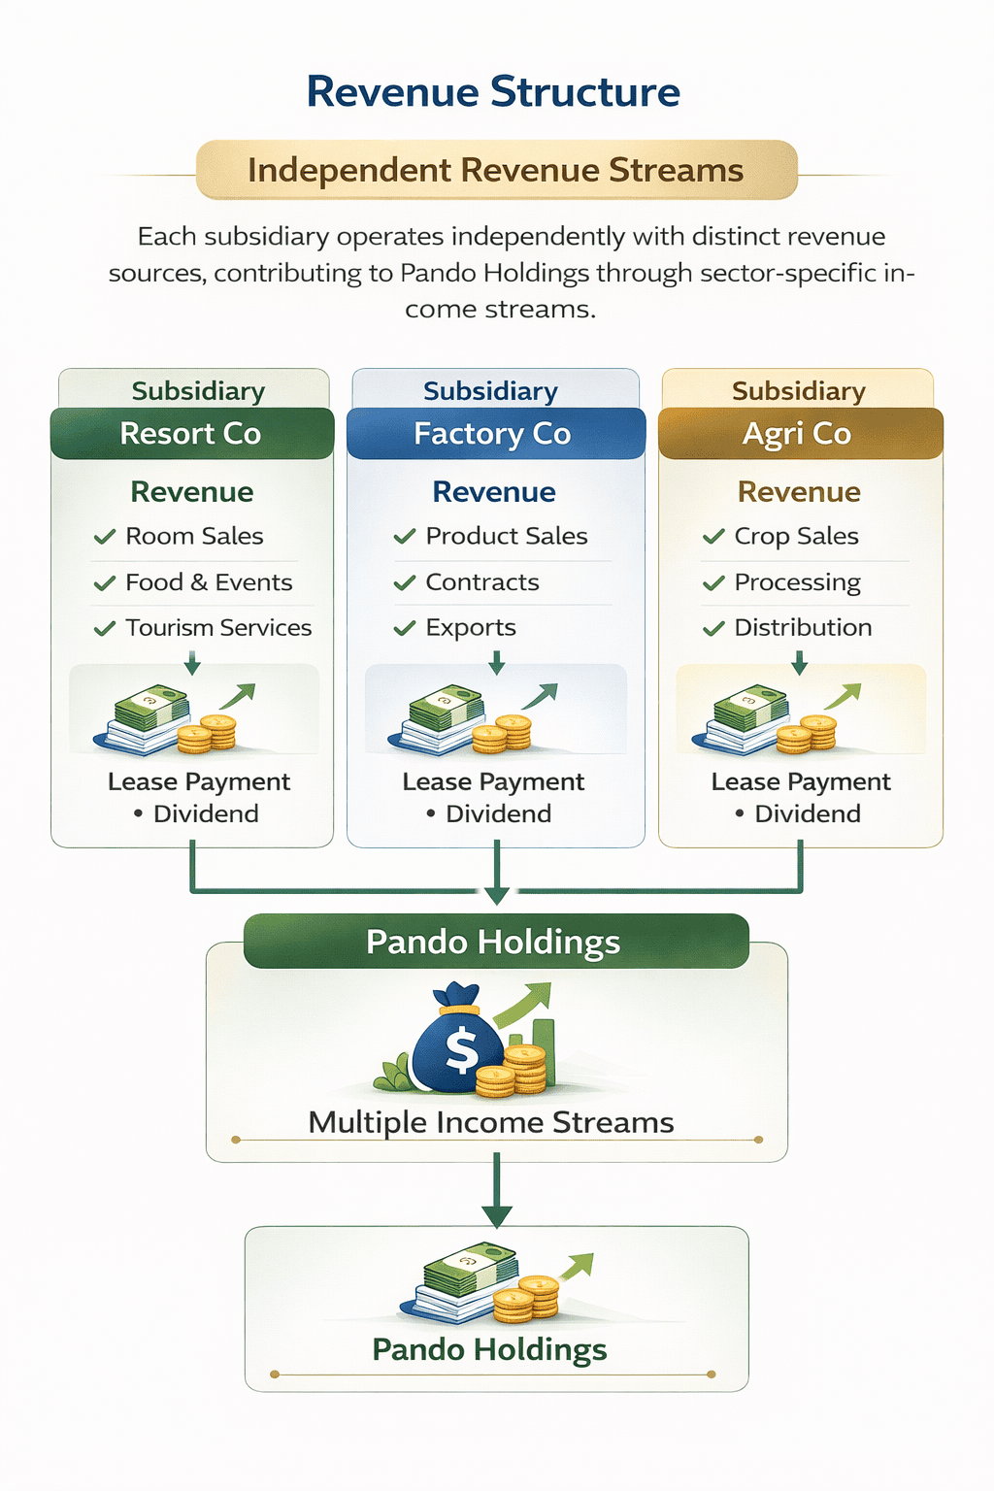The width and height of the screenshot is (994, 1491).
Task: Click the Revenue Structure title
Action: click(493, 92)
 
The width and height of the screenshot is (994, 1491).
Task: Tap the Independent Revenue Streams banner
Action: click(496, 170)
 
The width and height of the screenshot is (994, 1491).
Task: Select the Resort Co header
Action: click(191, 433)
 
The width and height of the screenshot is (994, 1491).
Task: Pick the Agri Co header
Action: click(798, 433)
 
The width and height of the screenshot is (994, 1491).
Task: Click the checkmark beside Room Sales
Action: click(105, 537)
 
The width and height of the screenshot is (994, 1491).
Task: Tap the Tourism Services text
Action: click(218, 628)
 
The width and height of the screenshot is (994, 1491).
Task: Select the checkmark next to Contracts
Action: click(405, 583)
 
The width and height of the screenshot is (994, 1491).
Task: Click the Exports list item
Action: click(471, 628)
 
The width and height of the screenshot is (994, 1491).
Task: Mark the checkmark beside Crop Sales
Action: click(713, 537)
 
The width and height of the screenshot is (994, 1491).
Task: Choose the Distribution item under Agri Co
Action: click(803, 628)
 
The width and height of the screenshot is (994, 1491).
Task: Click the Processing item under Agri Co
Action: click(797, 582)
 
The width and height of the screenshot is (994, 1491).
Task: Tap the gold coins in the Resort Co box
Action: click(207, 734)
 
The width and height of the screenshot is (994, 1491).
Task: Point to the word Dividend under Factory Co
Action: click(498, 813)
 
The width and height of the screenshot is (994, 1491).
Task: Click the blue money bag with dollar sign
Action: click(456, 1041)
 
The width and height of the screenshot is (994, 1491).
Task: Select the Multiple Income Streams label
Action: click(491, 1123)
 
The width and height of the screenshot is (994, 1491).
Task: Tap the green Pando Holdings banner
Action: click(495, 942)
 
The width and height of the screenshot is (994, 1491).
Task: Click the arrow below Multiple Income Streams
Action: click(496, 1191)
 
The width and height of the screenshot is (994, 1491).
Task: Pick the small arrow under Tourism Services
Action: click(192, 664)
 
